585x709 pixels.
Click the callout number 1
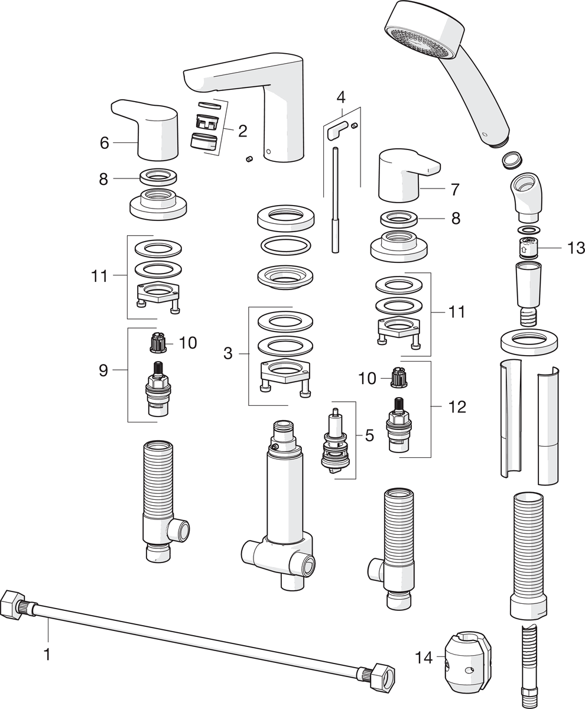point(48,654)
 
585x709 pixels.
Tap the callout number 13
point(576,248)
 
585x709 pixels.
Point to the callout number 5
point(369,435)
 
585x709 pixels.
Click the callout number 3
point(227,353)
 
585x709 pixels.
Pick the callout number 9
point(103,370)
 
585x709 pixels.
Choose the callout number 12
point(457,406)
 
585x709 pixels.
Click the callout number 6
point(105,142)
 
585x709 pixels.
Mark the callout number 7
point(454,190)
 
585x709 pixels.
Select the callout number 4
point(340,96)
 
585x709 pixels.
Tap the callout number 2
point(242,131)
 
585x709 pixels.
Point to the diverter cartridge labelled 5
point(334,443)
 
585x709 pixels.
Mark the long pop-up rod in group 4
point(336,201)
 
